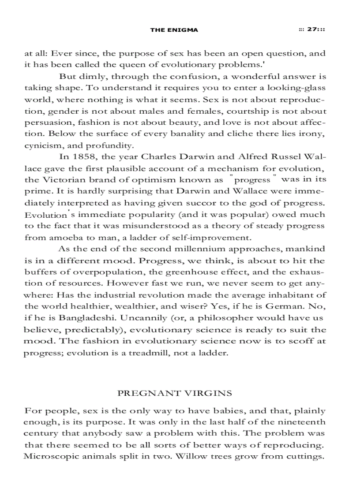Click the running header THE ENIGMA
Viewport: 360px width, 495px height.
174,30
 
